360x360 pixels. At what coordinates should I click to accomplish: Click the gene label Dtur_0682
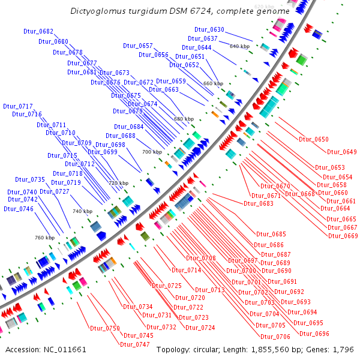[38, 31]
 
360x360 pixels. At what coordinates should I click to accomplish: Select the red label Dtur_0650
[313, 139]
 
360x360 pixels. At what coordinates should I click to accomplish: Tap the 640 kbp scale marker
[239, 46]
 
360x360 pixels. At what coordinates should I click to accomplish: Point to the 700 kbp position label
[152, 152]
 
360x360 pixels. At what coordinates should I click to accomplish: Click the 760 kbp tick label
[45, 238]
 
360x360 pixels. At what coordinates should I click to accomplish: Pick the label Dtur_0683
[259, 203]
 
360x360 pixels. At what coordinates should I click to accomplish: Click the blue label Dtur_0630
[209, 29]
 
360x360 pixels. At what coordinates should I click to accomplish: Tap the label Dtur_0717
[18, 106]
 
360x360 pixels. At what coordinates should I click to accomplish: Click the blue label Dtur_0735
[30, 179]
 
